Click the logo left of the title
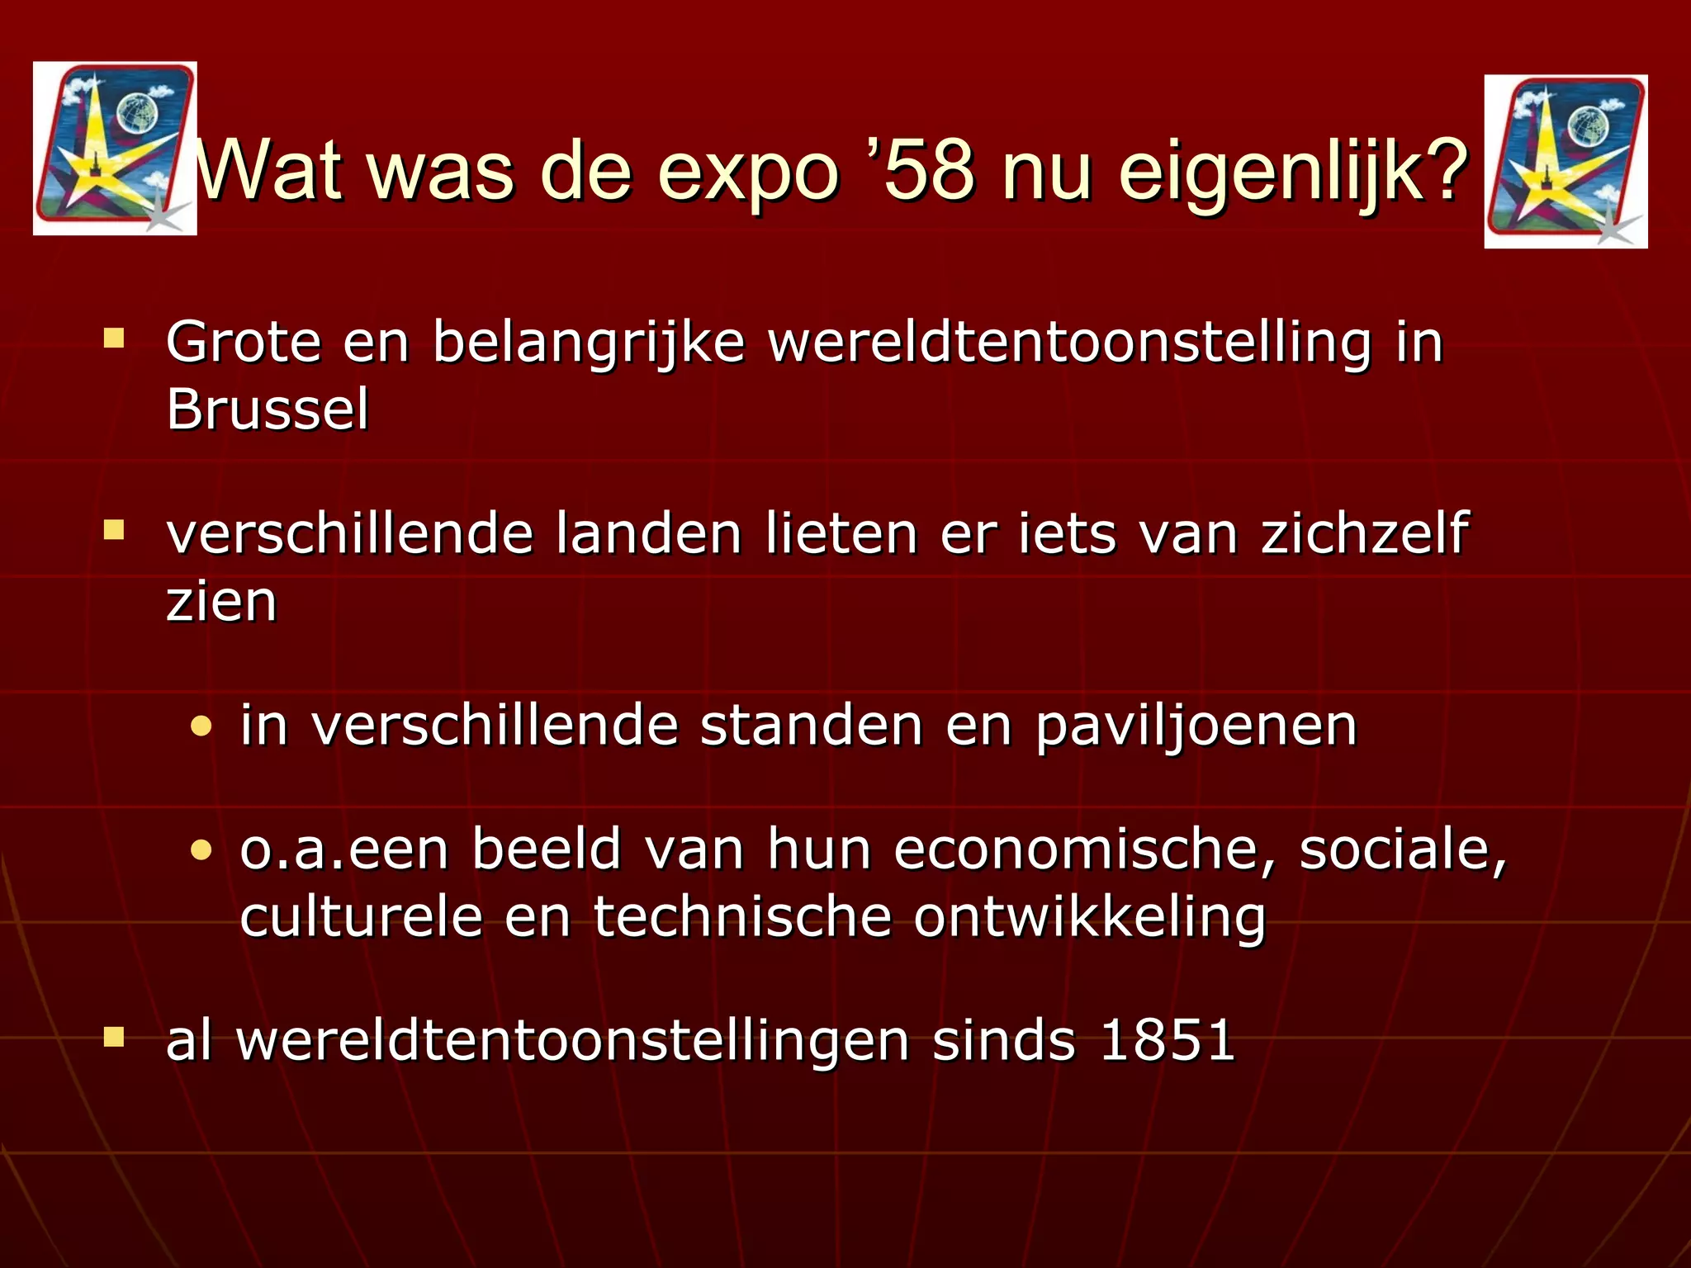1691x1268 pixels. tap(115, 149)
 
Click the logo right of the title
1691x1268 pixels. tap(1565, 162)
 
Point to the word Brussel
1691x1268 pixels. tap(268, 409)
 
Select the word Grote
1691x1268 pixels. tap(244, 342)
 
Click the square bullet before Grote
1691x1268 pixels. tap(114, 338)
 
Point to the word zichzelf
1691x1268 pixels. tap(1365, 534)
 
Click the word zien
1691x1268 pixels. tap(221, 602)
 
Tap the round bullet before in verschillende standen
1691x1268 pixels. tap(201, 727)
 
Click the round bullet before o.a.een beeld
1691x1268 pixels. tap(201, 850)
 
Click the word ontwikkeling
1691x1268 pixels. tap(1089, 918)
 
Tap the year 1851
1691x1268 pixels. tap(1167, 1040)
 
